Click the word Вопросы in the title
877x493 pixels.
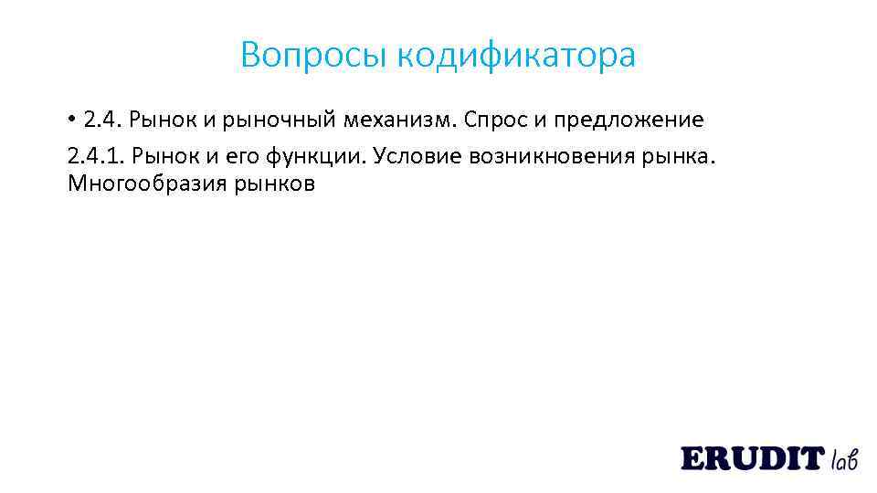pos(314,56)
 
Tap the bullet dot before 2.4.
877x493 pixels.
pos(71,119)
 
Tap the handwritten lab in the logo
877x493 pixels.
pos(844,458)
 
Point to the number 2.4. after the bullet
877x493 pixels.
pos(102,120)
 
